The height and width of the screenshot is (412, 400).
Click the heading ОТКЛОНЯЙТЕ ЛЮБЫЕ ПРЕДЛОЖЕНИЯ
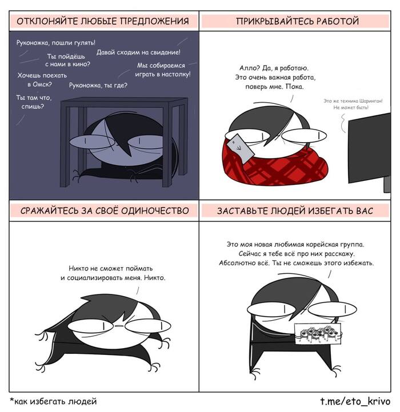pyautogui.click(x=103, y=21)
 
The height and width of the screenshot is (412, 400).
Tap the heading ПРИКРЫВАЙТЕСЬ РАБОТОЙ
pyautogui.click(x=297, y=21)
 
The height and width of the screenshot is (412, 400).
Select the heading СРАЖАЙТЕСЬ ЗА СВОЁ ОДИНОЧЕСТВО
pyautogui.click(x=105, y=211)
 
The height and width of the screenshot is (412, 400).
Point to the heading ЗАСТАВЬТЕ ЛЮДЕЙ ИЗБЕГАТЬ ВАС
pyautogui.click(x=295, y=211)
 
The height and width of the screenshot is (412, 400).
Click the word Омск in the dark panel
pyautogui.click(x=42, y=84)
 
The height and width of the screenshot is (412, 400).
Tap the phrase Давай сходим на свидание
pyautogui.click(x=138, y=52)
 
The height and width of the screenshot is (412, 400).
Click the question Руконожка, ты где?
pyautogui.click(x=98, y=86)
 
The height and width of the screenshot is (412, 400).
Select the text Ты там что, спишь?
pyautogui.click(x=34, y=102)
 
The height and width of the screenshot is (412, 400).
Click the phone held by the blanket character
pyautogui.click(x=240, y=148)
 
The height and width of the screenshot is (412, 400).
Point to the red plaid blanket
pyautogui.click(x=274, y=165)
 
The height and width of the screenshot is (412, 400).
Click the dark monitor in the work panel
pyautogui.click(x=369, y=148)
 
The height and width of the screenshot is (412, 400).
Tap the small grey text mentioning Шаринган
pyautogui.click(x=353, y=104)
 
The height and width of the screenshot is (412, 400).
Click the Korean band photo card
pyautogui.click(x=318, y=333)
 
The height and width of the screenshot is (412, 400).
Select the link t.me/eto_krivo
pyautogui.click(x=355, y=401)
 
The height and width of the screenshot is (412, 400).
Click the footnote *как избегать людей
pyautogui.click(x=53, y=401)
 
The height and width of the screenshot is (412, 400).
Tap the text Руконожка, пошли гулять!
pyautogui.click(x=56, y=43)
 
